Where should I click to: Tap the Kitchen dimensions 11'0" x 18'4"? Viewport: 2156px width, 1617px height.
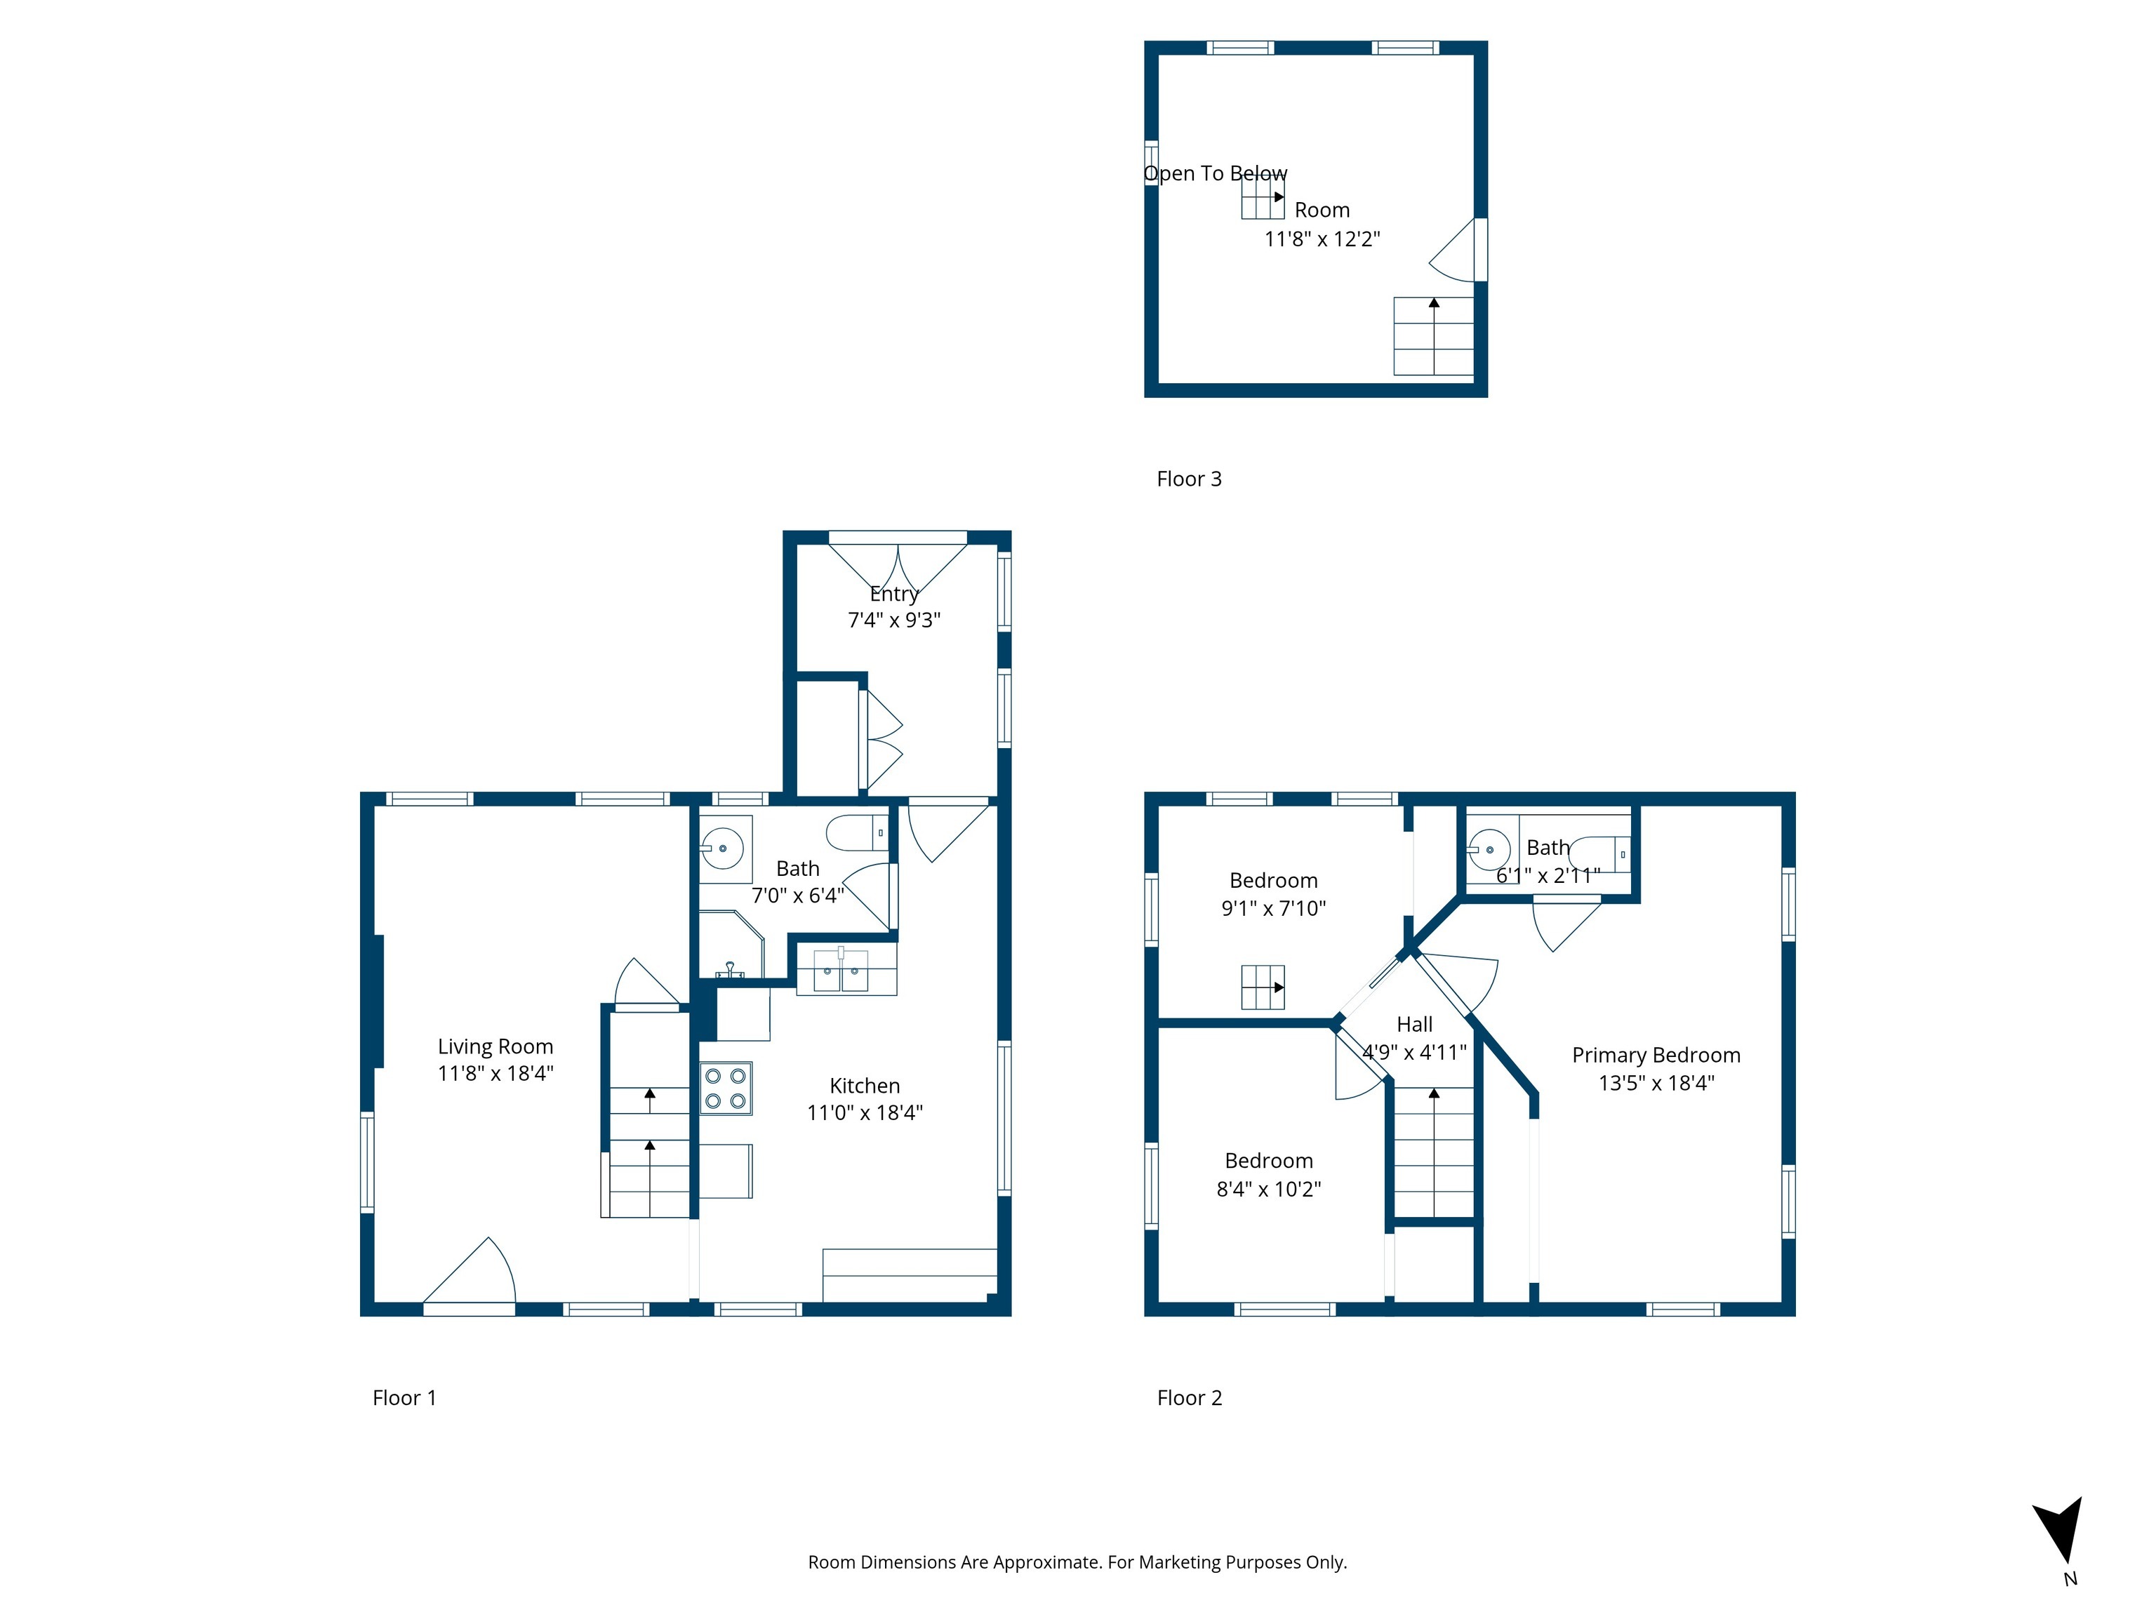(x=865, y=1112)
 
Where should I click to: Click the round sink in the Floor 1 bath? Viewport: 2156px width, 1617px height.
(x=723, y=848)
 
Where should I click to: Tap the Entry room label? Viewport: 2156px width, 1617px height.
(x=894, y=594)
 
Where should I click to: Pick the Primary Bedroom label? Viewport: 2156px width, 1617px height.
(x=1656, y=1055)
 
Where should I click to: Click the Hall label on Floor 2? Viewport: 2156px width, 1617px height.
(x=1414, y=1025)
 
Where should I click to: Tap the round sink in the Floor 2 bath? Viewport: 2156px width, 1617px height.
(x=1489, y=850)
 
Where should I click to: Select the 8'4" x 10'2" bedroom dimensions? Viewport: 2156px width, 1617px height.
(x=1268, y=1189)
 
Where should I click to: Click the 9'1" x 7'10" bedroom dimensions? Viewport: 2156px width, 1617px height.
(x=1273, y=908)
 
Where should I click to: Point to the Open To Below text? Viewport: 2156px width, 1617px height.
(x=1216, y=173)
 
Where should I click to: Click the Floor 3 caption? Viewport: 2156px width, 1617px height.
(x=1188, y=479)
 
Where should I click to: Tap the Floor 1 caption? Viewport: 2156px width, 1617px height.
(x=404, y=1398)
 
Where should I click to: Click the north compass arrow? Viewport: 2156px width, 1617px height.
(x=2060, y=1530)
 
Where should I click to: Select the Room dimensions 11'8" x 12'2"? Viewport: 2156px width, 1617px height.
(x=1322, y=239)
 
